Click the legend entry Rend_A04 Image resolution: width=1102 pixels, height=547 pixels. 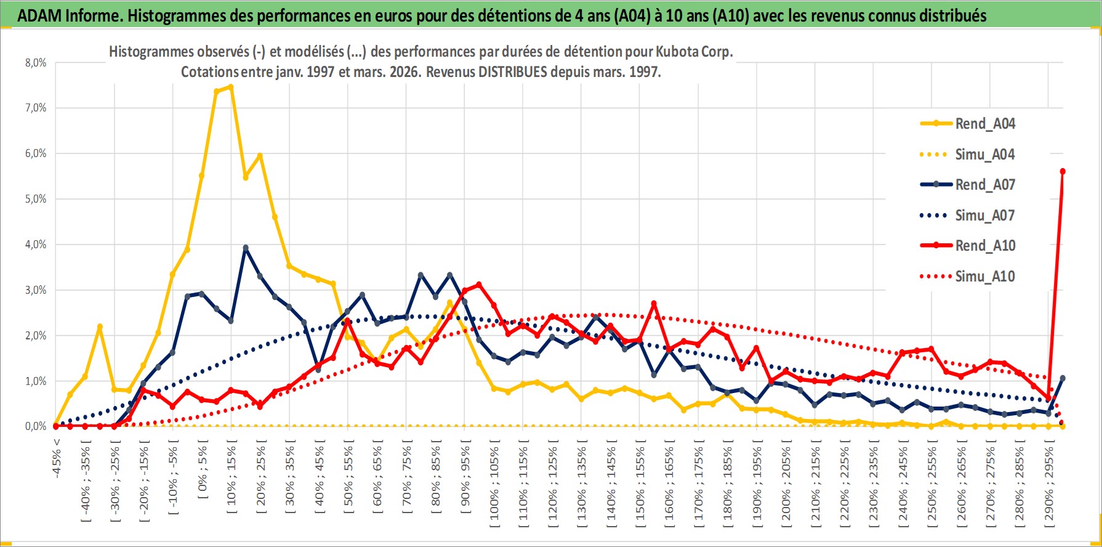click(x=984, y=124)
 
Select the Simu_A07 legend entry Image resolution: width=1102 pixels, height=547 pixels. click(x=984, y=216)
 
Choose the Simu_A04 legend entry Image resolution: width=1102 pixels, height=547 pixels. click(x=984, y=155)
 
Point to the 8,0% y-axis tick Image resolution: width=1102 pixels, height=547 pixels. click(x=36, y=63)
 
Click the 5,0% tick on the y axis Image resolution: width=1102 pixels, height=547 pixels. click(x=36, y=199)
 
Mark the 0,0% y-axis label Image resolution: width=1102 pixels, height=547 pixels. click(x=36, y=426)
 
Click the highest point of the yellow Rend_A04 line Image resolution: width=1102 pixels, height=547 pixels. click(x=231, y=87)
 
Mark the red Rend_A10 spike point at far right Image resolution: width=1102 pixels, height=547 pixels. click(x=1063, y=172)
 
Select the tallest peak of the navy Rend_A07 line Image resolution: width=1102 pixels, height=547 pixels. click(x=246, y=248)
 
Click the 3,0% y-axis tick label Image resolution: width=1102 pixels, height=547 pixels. click(x=36, y=290)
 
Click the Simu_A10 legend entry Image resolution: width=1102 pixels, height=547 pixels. click(x=984, y=277)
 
